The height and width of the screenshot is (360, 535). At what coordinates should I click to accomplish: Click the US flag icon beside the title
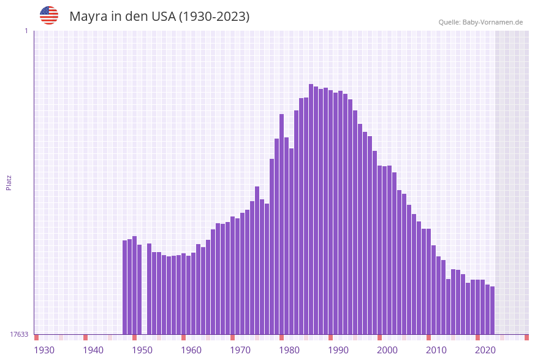tap(49, 15)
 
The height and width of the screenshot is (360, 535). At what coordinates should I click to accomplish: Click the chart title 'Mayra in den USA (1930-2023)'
tap(159, 17)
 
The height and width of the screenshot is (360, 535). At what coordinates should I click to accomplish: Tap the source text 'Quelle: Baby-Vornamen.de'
tap(480, 22)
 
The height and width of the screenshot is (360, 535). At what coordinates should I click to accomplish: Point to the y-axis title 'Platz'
tap(9, 182)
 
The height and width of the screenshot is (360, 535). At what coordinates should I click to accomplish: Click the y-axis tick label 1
tap(26, 31)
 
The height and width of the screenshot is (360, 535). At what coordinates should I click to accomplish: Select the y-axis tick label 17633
tap(19, 334)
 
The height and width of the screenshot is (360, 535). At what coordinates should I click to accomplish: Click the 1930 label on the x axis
tap(44, 350)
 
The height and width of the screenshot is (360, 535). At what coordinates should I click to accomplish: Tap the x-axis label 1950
tap(142, 350)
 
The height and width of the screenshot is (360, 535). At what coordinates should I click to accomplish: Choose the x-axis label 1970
tap(240, 350)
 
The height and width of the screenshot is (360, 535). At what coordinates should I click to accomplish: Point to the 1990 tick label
tap(338, 350)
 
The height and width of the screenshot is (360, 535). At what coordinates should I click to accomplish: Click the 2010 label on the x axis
tap(436, 350)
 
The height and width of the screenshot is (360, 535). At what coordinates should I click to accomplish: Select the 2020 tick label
tap(485, 350)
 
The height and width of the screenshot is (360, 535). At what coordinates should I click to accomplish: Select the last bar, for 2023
tap(492, 310)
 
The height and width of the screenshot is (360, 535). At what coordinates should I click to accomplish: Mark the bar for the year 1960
tap(184, 294)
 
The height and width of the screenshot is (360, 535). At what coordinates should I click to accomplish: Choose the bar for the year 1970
tap(233, 275)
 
